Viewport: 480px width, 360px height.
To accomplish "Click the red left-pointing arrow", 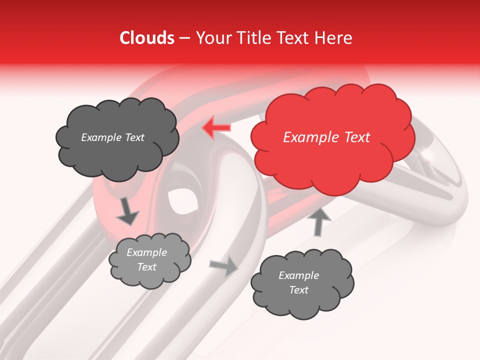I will (x=216, y=128).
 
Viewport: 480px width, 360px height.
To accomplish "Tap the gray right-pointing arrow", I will (x=224, y=266).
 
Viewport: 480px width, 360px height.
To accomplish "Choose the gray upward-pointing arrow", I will (x=318, y=220).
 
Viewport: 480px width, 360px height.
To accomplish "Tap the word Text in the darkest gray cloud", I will (x=134, y=137).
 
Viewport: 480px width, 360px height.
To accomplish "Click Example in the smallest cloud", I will (x=146, y=252).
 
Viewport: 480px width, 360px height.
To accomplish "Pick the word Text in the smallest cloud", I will (x=146, y=267).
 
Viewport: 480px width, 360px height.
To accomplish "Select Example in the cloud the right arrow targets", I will (x=298, y=275).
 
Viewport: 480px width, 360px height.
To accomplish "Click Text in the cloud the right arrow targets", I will (x=298, y=290).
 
